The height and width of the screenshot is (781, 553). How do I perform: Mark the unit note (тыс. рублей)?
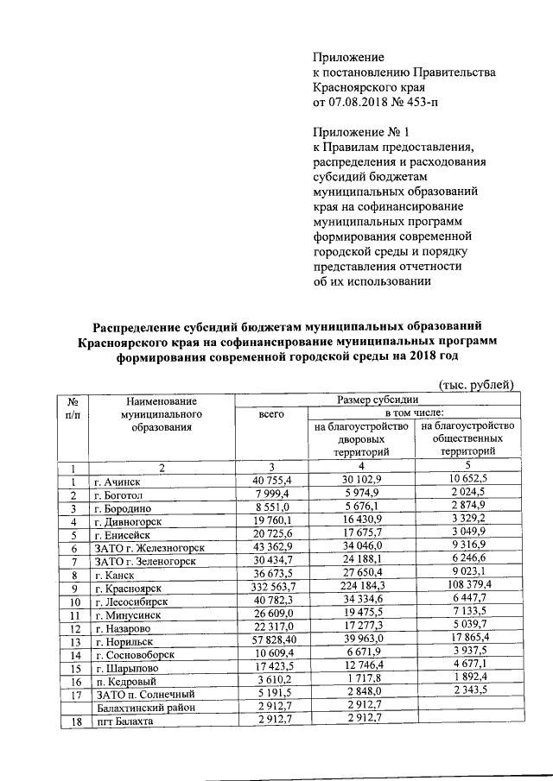point(477,383)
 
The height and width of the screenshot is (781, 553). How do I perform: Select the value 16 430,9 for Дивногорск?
point(369,521)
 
